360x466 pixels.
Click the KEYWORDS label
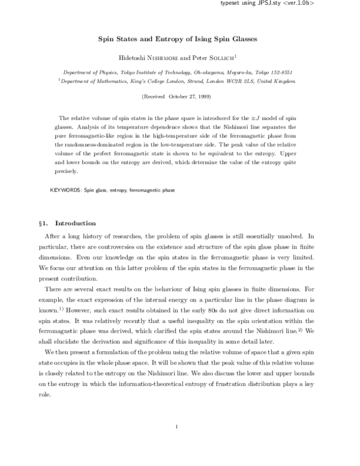tap(65, 190)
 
